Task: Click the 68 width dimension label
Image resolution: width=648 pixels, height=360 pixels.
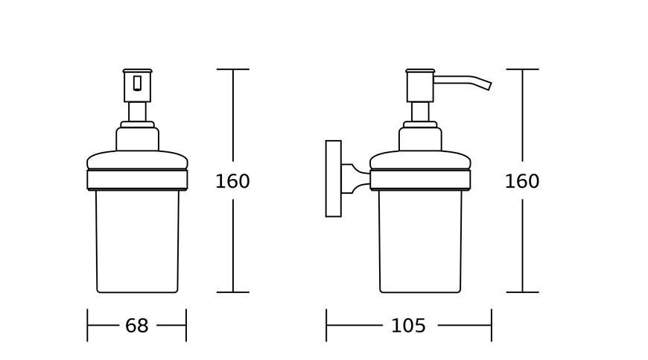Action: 137,326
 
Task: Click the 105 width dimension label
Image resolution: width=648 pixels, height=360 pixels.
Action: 408,326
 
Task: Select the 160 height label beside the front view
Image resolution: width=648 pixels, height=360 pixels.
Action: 232,181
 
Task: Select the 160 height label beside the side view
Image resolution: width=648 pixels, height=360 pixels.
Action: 522,181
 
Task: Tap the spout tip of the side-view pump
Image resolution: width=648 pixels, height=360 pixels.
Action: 489,86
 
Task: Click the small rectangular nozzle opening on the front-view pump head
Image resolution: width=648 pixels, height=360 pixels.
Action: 138,83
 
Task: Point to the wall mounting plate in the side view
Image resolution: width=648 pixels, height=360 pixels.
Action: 334,179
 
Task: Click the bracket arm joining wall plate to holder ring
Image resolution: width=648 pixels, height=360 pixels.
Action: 355,179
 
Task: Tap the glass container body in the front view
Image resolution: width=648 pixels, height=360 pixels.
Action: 137,241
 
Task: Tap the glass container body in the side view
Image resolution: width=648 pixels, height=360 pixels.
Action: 420,241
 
